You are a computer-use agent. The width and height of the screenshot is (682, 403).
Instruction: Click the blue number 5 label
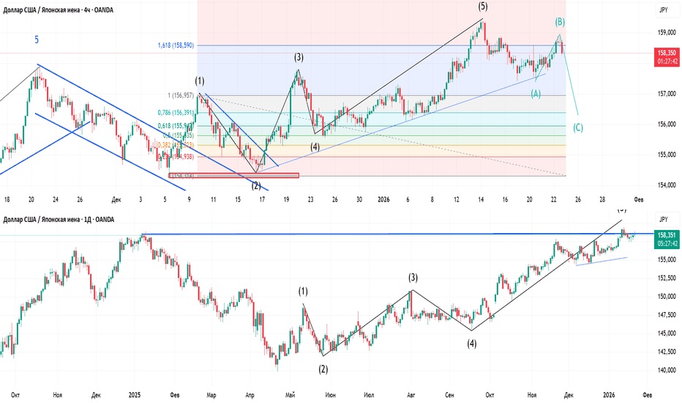(37, 40)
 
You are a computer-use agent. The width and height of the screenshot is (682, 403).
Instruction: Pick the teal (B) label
(560, 23)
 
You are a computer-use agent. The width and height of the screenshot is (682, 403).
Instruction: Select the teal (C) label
(578, 127)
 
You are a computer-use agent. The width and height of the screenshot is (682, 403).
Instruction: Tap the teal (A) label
(536, 94)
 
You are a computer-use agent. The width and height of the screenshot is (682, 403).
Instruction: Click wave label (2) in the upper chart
(257, 185)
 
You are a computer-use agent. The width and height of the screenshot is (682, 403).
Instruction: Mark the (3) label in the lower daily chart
(413, 278)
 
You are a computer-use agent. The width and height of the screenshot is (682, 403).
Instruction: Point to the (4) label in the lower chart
(472, 343)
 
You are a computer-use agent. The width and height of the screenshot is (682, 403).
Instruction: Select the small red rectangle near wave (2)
(233, 175)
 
